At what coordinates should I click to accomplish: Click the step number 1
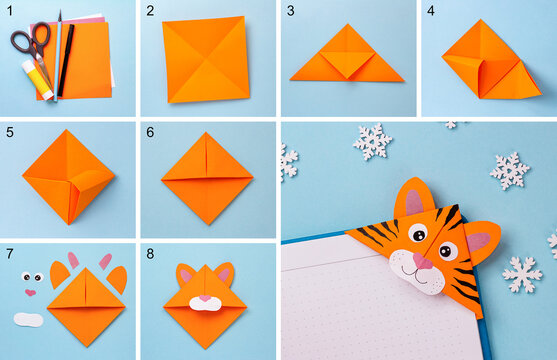(x=10, y=11)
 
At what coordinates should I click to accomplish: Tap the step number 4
(x=431, y=11)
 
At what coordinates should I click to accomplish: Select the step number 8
(x=150, y=253)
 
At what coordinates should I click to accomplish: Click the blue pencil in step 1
(x=59, y=50)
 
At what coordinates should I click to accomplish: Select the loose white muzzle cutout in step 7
(x=29, y=320)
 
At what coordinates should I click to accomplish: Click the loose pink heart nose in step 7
(x=30, y=293)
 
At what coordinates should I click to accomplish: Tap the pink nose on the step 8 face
(x=206, y=298)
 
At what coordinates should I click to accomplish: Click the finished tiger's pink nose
(x=424, y=262)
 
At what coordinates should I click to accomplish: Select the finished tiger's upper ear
(x=413, y=199)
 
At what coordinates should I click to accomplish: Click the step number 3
(x=290, y=11)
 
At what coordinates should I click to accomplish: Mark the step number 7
(x=10, y=253)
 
